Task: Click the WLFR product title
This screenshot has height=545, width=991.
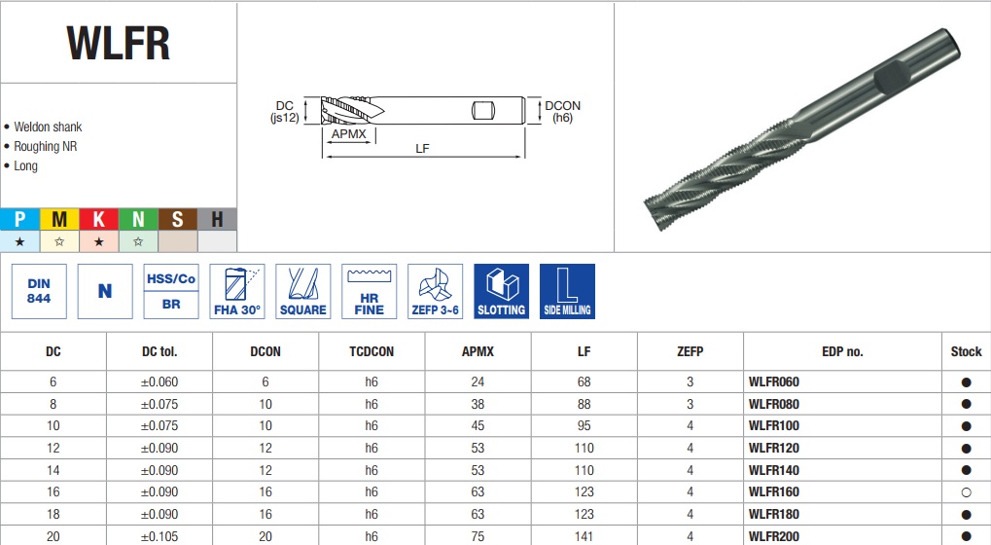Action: click(119, 43)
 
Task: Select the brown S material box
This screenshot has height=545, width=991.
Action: click(178, 219)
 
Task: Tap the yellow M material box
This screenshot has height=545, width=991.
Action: click(59, 219)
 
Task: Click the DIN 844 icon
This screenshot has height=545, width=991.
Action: click(39, 291)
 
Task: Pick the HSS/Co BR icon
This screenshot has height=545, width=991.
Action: click(171, 291)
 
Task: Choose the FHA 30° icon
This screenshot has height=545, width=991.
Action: click(237, 291)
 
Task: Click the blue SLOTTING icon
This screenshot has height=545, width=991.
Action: click(501, 291)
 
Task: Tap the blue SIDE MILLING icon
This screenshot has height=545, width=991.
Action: click(567, 291)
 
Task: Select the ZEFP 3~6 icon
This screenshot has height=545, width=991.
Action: click(436, 291)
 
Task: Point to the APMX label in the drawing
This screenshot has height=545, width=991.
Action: click(349, 134)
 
